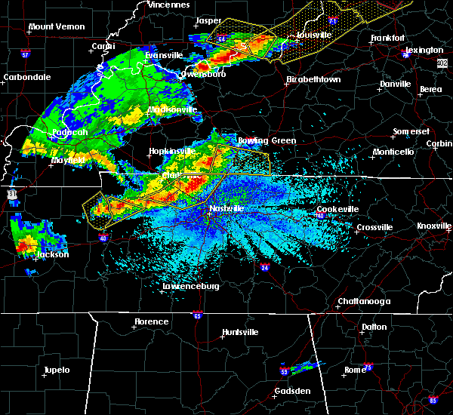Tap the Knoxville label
[x=434, y=226]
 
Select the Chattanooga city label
[x=363, y=302]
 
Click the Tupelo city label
[x=56, y=370]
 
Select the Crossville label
[x=374, y=227]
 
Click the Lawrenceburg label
[x=191, y=287]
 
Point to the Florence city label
[x=151, y=321]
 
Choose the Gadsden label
[x=291, y=391]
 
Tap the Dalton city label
[x=373, y=327]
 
